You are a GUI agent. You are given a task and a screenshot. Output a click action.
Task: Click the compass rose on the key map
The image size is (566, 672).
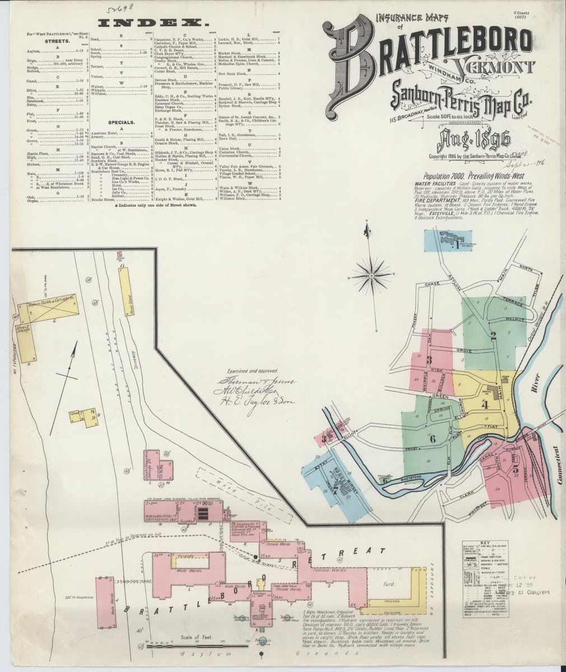(372, 274)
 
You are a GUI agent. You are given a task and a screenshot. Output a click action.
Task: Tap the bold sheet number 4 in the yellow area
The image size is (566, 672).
(485, 404)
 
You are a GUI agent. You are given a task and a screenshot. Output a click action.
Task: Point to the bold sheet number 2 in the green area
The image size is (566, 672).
(493, 337)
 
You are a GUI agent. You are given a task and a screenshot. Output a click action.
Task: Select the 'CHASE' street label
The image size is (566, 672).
(433, 284)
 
